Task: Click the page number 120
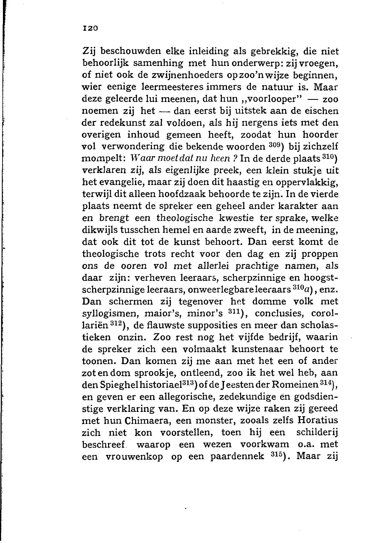[x=91, y=28]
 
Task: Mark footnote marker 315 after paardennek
[x=278, y=454]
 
